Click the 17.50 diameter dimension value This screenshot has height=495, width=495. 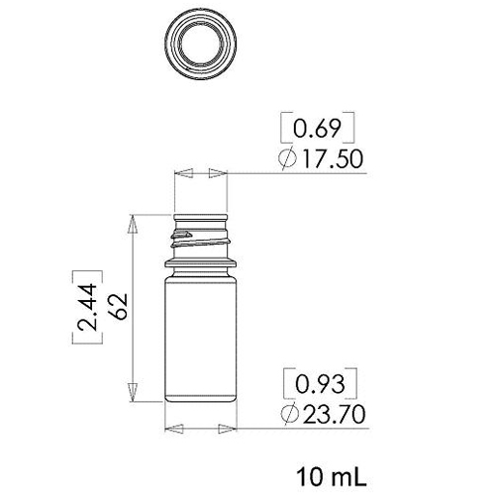333,159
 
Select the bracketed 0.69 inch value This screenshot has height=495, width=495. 317,129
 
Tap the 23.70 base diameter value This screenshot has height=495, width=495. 335,414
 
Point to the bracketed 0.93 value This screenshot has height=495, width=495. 320,384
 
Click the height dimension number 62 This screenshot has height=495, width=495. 119,306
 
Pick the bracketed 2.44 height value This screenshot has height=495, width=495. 87,307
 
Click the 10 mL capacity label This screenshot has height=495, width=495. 332,477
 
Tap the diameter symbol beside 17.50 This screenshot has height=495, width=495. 287,158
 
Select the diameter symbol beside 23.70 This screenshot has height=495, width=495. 289,414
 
